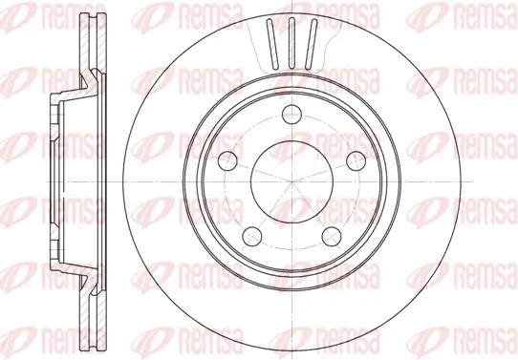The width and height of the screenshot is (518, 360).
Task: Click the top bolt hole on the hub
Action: tap(291, 123)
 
